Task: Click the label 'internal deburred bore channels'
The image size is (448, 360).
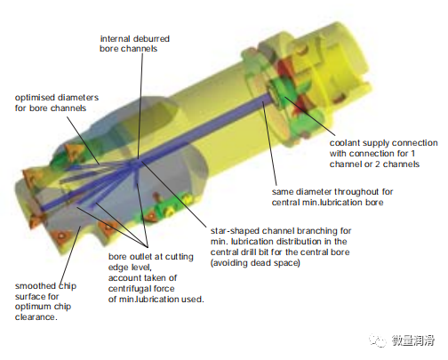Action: pyautogui.click(x=134, y=44)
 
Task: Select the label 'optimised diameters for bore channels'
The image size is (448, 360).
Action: pyautogui.click(x=57, y=103)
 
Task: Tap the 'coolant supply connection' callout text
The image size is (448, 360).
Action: pyautogui.click(x=383, y=154)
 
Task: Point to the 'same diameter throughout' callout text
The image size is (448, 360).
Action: pyautogui.click(x=332, y=197)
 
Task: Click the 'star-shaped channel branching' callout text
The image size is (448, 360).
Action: pyautogui.click(x=281, y=247)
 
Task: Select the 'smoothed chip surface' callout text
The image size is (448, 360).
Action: pyautogui.click(x=45, y=301)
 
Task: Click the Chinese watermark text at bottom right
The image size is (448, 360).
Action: pyautogui.click(x=413, y=340)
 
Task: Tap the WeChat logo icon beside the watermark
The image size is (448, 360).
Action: pyautogui.click(x=378, y=340)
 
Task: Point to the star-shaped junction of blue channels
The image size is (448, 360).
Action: pyautogui.click(x=135, y=164)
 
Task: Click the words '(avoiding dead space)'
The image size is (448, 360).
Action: pyautogui.click(x=255, y=263)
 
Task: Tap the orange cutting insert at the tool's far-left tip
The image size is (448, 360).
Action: pyautogui.click(x=30, y=177)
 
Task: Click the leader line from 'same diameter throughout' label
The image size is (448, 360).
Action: pyautogui.click(x=269, y=143)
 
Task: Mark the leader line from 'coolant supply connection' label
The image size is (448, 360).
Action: pyautogui.click(x=309, y=116)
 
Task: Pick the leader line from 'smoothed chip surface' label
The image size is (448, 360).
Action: pyautogui.click(x=70, y=255)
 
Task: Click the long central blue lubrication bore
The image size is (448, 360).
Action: pyautogui.click(x=157, y=154)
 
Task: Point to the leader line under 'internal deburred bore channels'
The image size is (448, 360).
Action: pyautogui.click(x=140, y=106)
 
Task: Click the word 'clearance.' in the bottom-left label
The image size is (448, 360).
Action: pyautogui.click(x=36, y=317)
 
